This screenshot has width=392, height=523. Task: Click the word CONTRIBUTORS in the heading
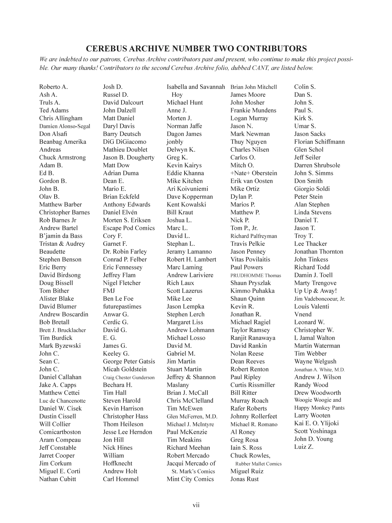coord(271,49)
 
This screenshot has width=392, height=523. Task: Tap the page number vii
coord(196,505)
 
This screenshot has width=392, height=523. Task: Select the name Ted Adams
coord(54,110)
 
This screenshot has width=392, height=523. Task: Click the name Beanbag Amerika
coord(63,142)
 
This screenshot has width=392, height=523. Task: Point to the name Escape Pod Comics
coord(129,228)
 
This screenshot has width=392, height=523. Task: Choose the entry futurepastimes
coord(122,307)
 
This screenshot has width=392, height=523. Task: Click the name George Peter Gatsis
coord(129,362)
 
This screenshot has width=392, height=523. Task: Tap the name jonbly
coord(175,142)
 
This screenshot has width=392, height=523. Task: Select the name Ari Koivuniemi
coord(187,189)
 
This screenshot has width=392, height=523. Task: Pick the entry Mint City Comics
coord(190,479)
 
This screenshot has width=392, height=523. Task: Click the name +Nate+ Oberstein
coord(253,173)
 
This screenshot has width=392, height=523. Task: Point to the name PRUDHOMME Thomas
coord(255,276)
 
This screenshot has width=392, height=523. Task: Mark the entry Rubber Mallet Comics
coord(258,464)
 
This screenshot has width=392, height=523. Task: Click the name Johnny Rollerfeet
coord(253,416)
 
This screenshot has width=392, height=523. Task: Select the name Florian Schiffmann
coord(319,142)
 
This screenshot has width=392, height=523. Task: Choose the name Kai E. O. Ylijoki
coord(316,423)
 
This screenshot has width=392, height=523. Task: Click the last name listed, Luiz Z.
coord(303,447)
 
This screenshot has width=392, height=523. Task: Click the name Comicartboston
coord(60,432)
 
